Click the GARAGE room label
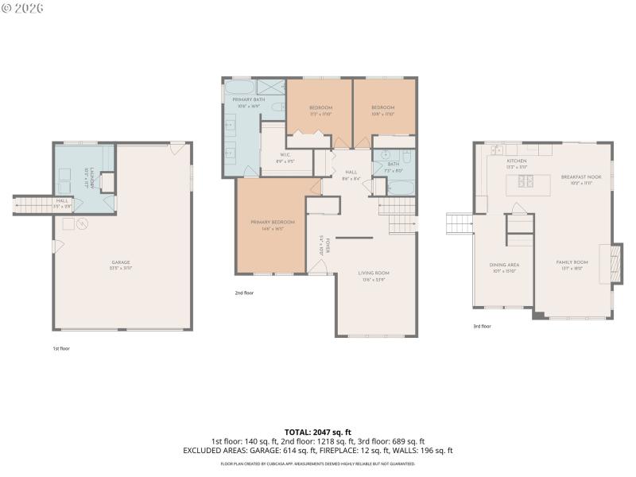[x=121, y=262]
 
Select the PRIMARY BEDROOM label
[x=273, y=222]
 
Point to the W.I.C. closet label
[x=285, y=154]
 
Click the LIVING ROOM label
[x=375, y=273]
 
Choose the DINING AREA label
[x=504, y=264]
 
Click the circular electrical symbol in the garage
[x=80, y=225]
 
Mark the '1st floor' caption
[x=60, y=348]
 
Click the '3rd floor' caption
[x=482, y=326]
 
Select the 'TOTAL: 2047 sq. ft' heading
[x=317, y=432]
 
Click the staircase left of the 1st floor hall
[x=33, y=205]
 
